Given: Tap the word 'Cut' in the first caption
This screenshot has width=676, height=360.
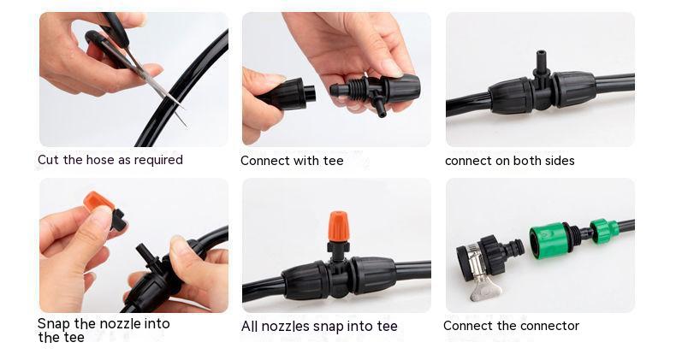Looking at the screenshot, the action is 48,160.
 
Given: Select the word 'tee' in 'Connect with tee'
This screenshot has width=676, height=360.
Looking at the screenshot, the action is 332,161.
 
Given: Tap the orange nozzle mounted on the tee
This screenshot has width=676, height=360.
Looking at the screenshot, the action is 338,227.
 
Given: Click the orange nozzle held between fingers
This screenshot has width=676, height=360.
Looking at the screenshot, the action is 100,202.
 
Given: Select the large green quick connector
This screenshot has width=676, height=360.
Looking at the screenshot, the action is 552,240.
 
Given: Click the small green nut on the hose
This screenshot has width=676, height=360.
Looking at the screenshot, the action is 604,231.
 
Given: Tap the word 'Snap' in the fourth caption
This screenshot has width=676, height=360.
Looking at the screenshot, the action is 54,324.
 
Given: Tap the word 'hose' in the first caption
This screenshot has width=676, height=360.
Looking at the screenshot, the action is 101,160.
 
